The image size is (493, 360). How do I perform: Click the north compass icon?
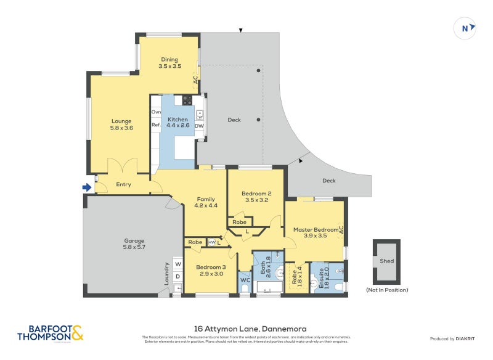point(465,28)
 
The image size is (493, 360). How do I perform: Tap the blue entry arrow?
point(87,187)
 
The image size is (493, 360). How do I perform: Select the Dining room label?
point(169,62)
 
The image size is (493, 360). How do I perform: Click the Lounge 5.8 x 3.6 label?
point(121,125)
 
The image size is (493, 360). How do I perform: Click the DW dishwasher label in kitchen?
point(199,126)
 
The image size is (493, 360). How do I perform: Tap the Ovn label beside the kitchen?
point(156,112)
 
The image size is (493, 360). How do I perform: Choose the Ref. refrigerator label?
point(156,125)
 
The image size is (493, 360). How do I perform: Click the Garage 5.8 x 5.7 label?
point(134,244)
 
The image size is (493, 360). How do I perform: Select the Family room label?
point(206,203)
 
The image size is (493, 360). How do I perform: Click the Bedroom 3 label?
point(211,270)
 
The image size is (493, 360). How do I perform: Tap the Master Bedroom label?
point(316,232)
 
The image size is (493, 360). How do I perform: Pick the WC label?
point(245,280)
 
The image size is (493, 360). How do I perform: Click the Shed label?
point(386,261)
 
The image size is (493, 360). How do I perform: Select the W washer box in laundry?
point(177,264)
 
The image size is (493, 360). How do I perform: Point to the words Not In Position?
point(386,289)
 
